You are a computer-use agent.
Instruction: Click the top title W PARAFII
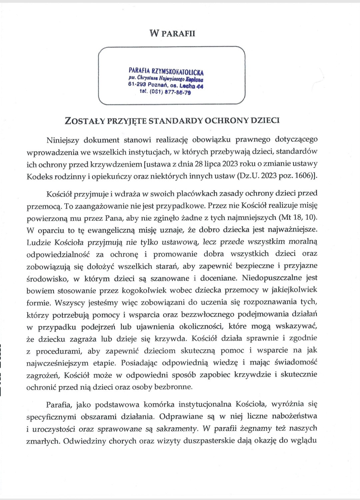[x=172, y=34]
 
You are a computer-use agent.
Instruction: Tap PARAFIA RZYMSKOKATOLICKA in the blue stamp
[x=166, y=71]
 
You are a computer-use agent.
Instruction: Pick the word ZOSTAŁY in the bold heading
[x=85, y=121]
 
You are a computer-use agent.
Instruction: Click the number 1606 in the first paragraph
[x=303, y=176]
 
